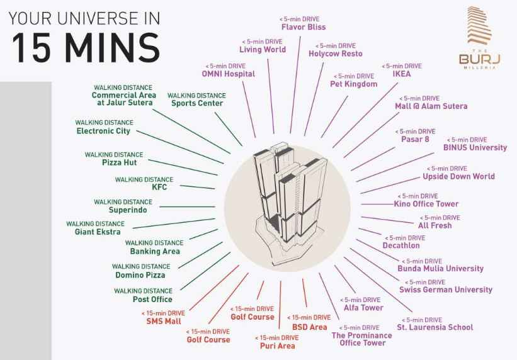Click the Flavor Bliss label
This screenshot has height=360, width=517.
tap(303, 27)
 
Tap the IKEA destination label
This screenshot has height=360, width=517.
tap(401, 74)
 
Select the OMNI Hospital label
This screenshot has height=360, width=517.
tap(228, 74)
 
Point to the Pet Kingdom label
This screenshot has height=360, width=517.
tap(353, 84)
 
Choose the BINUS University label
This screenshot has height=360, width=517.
tap(475, 147)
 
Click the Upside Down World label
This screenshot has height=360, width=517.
tap(458, 176)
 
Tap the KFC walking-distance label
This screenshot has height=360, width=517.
tap(159, 187)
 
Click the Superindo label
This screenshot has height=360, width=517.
tap(127, 210)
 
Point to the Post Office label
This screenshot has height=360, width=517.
tap(152, 299)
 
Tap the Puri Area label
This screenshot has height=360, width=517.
tap(277, 346)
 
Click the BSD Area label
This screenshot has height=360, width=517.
tap(309, 327)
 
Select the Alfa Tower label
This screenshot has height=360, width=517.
tap(363, 308)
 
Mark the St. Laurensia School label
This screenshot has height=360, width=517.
tap(435, 327)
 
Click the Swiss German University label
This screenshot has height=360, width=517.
tap(446, 290)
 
